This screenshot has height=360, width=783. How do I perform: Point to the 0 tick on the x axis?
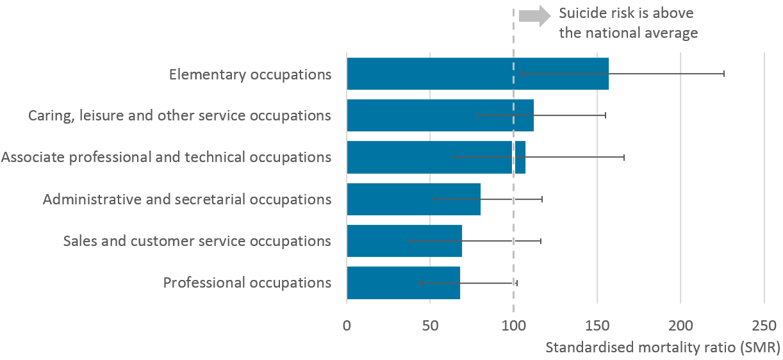[x=347, y=325]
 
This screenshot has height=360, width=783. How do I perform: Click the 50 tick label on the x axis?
[x=430, y=325]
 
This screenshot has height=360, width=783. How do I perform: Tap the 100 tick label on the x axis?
[x=513, y=325]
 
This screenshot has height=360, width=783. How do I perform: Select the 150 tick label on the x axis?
[x=597, y=325]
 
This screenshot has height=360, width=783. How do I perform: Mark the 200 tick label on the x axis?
[x=680, y=325]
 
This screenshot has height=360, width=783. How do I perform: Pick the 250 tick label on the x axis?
[x=764, y=325]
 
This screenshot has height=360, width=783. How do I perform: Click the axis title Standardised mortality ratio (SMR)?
[x=663, y=348]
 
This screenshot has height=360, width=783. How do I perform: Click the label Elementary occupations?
[x=250, y=74]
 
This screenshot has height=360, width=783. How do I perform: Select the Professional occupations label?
[x=247, y=282]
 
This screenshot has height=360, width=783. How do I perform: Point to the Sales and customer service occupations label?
[x=197, y=241]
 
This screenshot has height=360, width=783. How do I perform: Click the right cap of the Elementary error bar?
[x=724, y=74]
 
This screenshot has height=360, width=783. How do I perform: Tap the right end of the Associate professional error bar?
[x=624, y=157]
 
